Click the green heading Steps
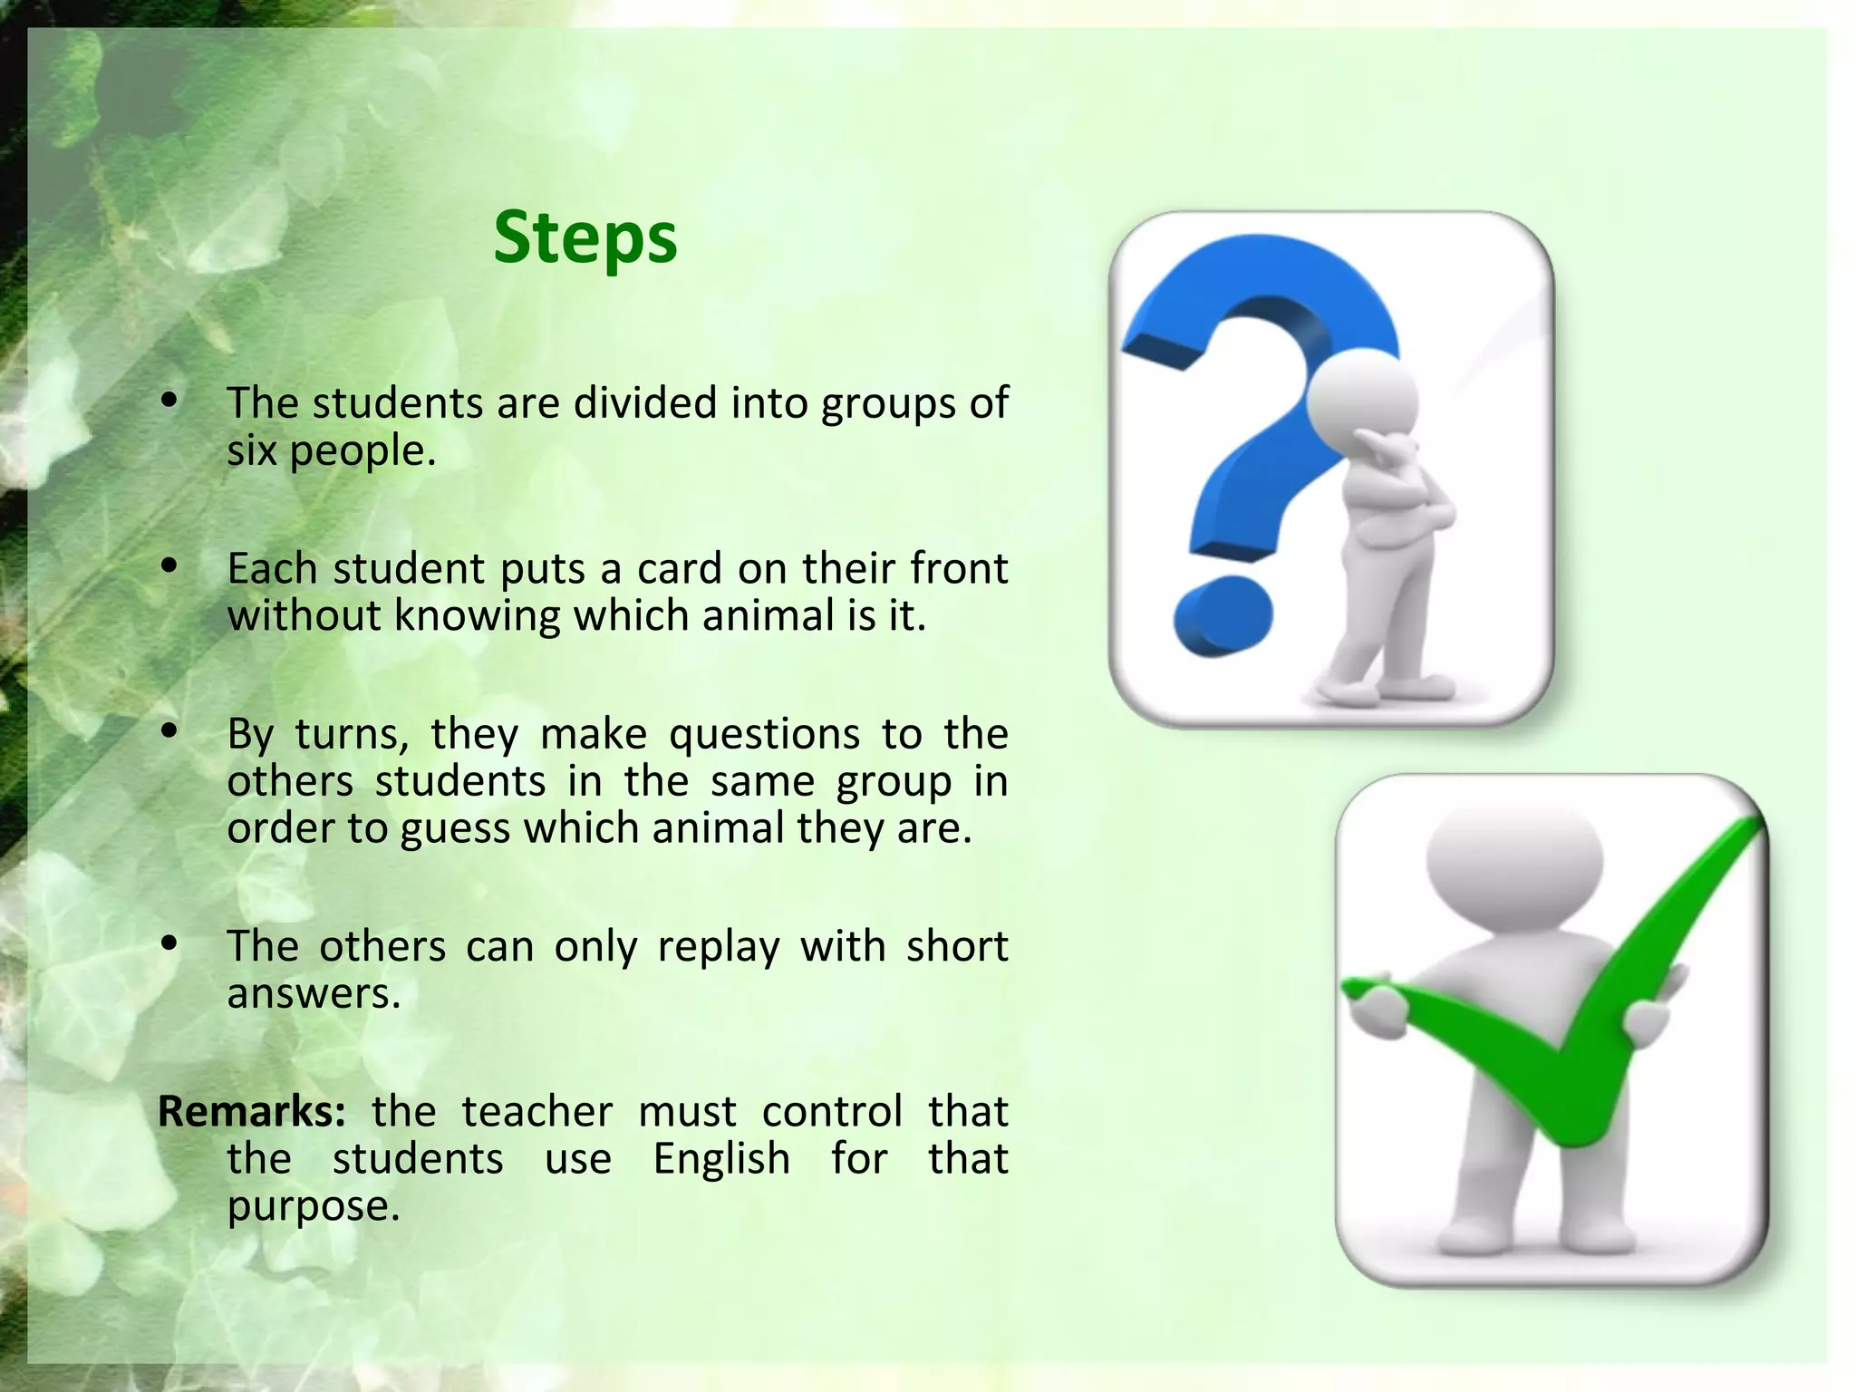(585, 237)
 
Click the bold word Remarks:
(251, 1111)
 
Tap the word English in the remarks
(721, 1158)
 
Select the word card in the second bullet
(676, 569)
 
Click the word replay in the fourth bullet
(718, 946)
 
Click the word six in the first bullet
(251, 450)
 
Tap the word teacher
(536, 1111)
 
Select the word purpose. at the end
(313, 1206)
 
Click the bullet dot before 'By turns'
(169, 731)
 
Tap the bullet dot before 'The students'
(169, 401)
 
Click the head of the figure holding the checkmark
(1513, 857)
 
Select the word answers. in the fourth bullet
(313, 994)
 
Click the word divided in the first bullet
(645, 402)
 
